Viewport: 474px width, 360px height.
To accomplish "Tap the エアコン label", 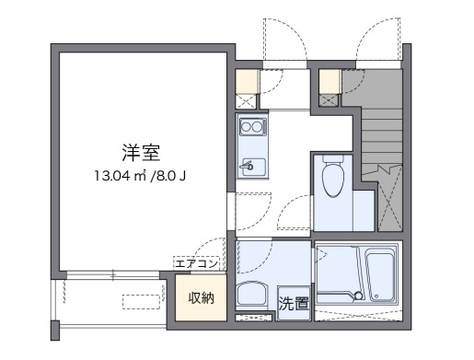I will tap(198, 264).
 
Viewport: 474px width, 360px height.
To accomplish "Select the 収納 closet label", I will tap(201, 297).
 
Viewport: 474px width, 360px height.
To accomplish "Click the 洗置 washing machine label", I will tap(295, 301).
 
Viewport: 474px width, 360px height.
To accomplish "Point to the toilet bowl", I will tap(333, 180).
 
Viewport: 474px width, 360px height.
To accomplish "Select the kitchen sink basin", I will tap(250, 167).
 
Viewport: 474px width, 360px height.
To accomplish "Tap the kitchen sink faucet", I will tap(247, 168).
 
